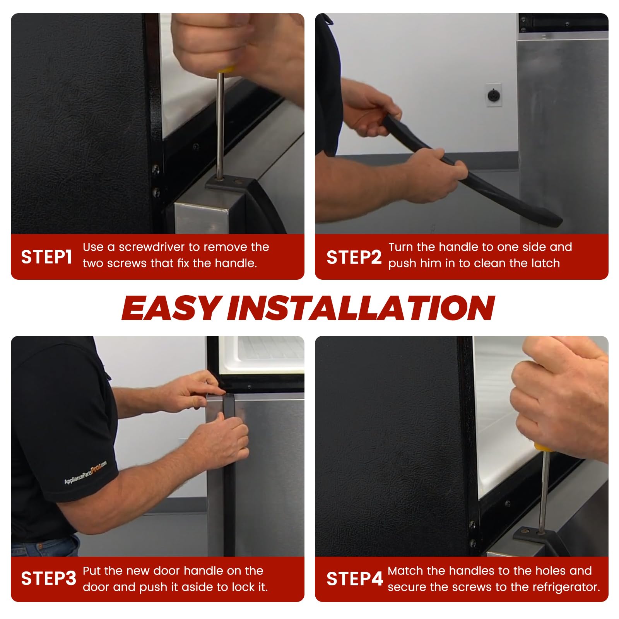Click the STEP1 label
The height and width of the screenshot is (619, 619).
[x=46, y=257]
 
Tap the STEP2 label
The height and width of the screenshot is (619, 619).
[x=354, y=257]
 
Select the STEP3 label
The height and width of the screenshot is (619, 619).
[x=49, y=579]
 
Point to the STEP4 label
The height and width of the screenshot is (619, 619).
[x=355, y=579]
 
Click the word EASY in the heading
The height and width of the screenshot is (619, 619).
[x=172, y=308]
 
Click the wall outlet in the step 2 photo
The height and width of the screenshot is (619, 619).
[x=494, y=95]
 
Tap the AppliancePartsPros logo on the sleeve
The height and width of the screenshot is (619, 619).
[x=85, y=472]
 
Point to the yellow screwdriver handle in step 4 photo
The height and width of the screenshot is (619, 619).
[x=542, y=447]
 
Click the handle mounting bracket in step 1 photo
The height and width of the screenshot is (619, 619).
[x=228, y=183]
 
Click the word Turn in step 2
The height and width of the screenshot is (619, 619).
[x=401, y=247]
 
